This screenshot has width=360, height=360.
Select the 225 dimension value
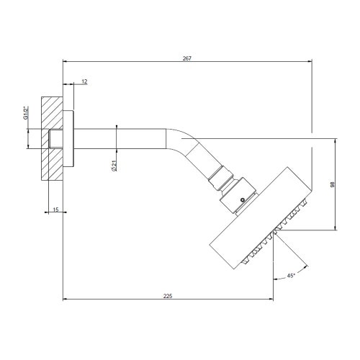tap(168, 295)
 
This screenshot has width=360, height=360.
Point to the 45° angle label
tap(292, 275)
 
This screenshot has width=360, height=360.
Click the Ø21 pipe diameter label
tap(115, 166)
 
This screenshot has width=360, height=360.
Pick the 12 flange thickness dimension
tap(84, 82)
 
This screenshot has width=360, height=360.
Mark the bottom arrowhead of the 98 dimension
tap(335, 229)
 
